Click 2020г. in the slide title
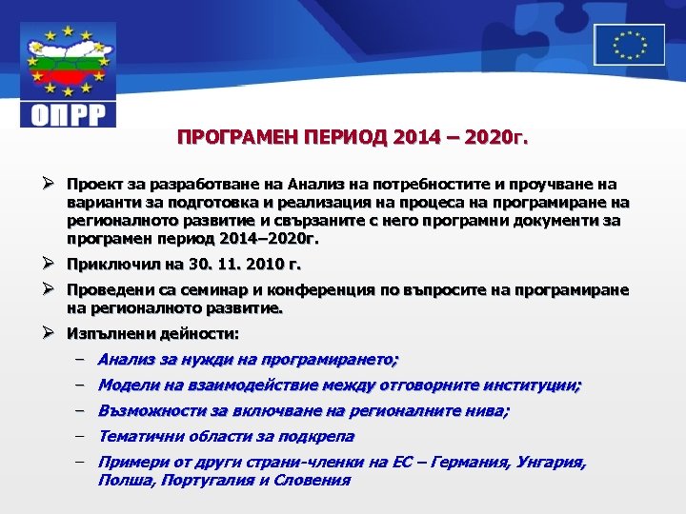click(x=493, y=139)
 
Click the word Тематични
click(x=138, y=437)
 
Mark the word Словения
click(x=313, y=482)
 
